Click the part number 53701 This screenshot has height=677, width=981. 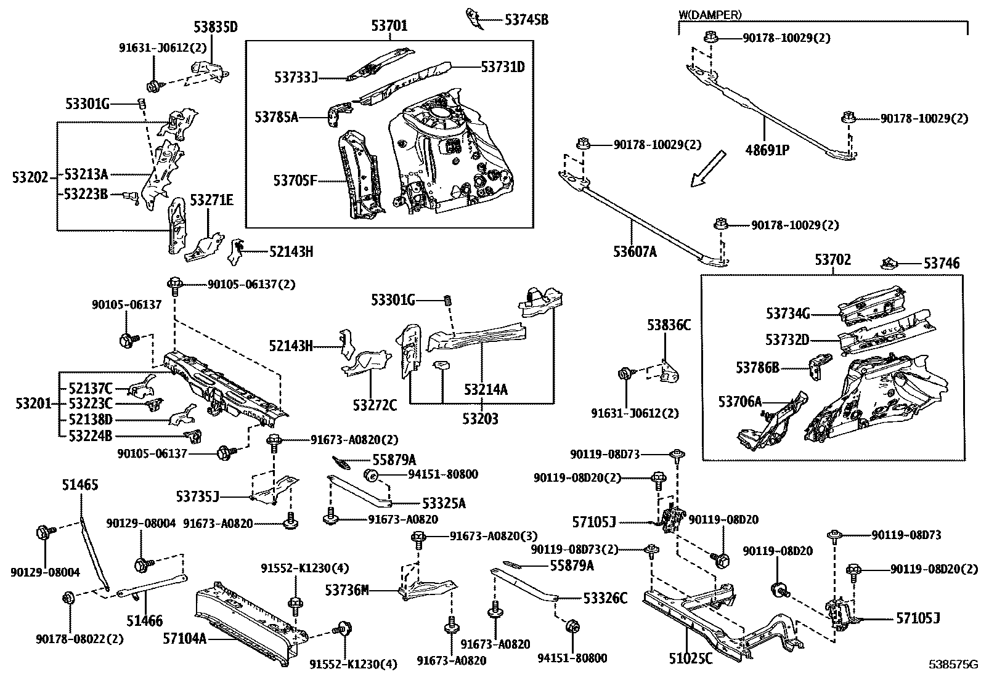tap(389, 26)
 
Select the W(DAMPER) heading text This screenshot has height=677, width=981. tap(710, 14)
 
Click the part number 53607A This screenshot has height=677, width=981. tap(635, 251)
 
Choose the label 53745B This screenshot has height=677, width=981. tap(526, 20)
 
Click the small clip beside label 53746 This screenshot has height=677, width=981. tap(889, 264)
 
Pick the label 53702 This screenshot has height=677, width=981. tap(833, 260)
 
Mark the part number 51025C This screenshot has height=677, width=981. tap(690, 659)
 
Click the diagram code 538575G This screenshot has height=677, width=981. tap(953, 665)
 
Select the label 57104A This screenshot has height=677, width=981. tap(184, 638)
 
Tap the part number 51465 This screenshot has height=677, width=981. tap(79, 485)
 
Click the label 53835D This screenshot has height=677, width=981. tap(215, 26)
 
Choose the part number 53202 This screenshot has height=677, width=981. tap(29, 177)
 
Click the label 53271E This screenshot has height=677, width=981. tap(211, 200)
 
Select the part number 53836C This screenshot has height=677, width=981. tap(669, 325)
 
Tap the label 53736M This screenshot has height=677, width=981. tap(347, 590)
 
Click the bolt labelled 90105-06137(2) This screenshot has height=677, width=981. tap(174, 285)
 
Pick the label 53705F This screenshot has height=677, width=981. tap(295, 180)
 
